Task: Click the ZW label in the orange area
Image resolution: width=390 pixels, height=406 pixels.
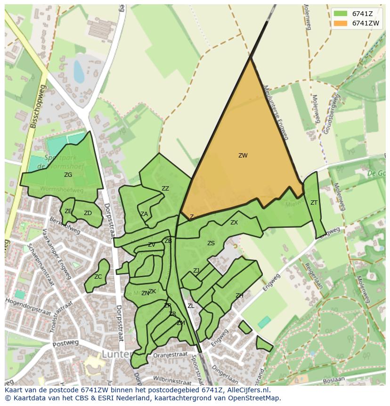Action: point(243,156)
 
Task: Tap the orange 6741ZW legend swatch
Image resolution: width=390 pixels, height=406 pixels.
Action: point(341,23)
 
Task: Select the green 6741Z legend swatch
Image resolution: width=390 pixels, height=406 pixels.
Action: point(341,14)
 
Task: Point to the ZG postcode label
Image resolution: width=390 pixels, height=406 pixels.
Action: point(68,175)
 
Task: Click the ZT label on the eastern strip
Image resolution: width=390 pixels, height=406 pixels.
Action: point(314,203)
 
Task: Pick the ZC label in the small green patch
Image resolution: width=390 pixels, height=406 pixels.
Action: point(98,277)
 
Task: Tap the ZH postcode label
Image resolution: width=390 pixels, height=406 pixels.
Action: point(239,296)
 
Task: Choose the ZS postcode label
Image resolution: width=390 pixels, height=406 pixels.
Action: point(211,243)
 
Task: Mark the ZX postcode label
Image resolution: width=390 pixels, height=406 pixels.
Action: point(234,223)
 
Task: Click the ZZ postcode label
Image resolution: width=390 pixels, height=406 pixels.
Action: point(165,189)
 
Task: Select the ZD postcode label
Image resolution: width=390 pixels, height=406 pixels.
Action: point(88,213)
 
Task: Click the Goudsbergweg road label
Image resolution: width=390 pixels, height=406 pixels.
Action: point(331,113)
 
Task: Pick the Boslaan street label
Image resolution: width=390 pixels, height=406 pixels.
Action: point(334,380)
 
